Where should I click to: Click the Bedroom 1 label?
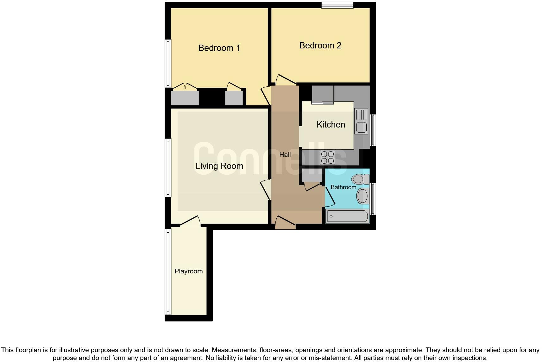coord(219,48)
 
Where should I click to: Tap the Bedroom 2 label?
coord(320,46)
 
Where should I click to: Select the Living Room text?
coord(219,166)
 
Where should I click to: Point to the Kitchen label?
coord(331,125)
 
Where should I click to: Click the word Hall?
coord(285,155)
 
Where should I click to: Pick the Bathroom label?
coord(343,187)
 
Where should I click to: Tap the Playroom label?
coord(188,271)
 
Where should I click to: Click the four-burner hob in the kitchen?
coord(328,157)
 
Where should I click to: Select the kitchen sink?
coord(361,121)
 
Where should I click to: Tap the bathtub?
coord(347,216)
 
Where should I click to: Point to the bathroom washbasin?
coord(363,196)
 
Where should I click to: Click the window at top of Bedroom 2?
coord(337,5)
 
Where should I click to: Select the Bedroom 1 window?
coord(168,63)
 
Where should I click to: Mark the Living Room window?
coord(168,168)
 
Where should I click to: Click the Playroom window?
coord(168,271)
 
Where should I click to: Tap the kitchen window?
coord(373,130)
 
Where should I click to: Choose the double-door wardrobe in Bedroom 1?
coord(185,97)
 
